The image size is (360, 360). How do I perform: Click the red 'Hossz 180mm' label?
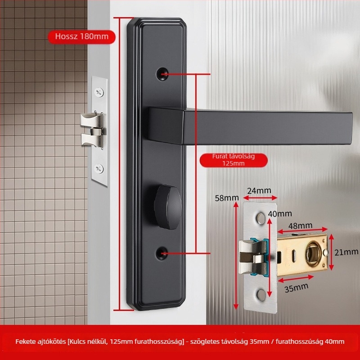click(81, 37)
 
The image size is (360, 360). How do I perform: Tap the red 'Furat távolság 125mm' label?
click(234, 160)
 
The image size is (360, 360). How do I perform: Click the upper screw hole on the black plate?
click(162, 74)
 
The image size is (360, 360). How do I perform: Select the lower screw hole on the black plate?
click(162, 253)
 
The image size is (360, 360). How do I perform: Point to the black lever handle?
click(250, 126)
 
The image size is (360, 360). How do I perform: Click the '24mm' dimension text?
click(259, 190)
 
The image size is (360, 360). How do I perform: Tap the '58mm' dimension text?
click(227, 198)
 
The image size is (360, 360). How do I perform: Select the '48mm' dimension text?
click(300, 226)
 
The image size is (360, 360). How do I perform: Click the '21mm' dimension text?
click(346, 252)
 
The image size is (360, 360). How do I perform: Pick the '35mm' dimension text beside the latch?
click(297, 288)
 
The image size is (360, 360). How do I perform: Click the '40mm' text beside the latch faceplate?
click(280, 214)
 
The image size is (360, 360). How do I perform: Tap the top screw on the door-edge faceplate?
click(99, 92)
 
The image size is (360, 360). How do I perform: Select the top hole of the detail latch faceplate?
click(261, 218)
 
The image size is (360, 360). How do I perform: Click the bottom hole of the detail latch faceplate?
click(261, 295)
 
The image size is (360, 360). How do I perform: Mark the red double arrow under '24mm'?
click(260, 198)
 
